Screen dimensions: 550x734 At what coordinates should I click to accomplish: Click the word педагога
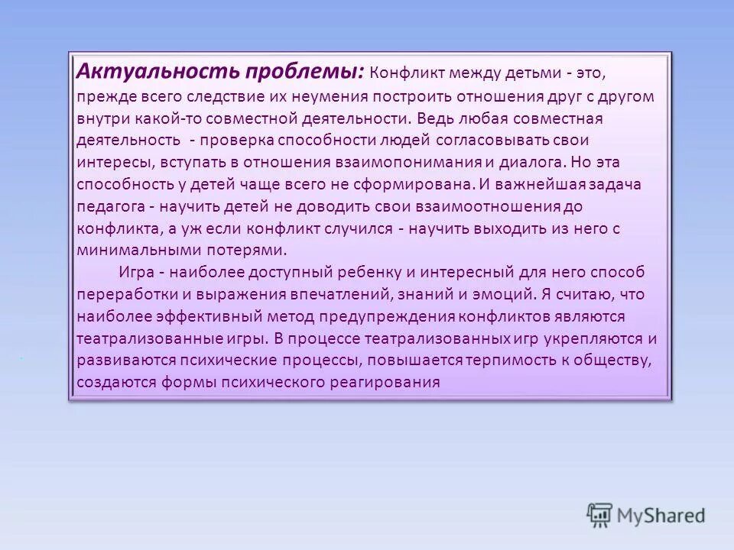tap(108, 206)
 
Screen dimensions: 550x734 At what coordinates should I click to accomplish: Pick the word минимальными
tap(126, 250)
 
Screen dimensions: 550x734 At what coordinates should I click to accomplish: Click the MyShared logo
tap(647, 515)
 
